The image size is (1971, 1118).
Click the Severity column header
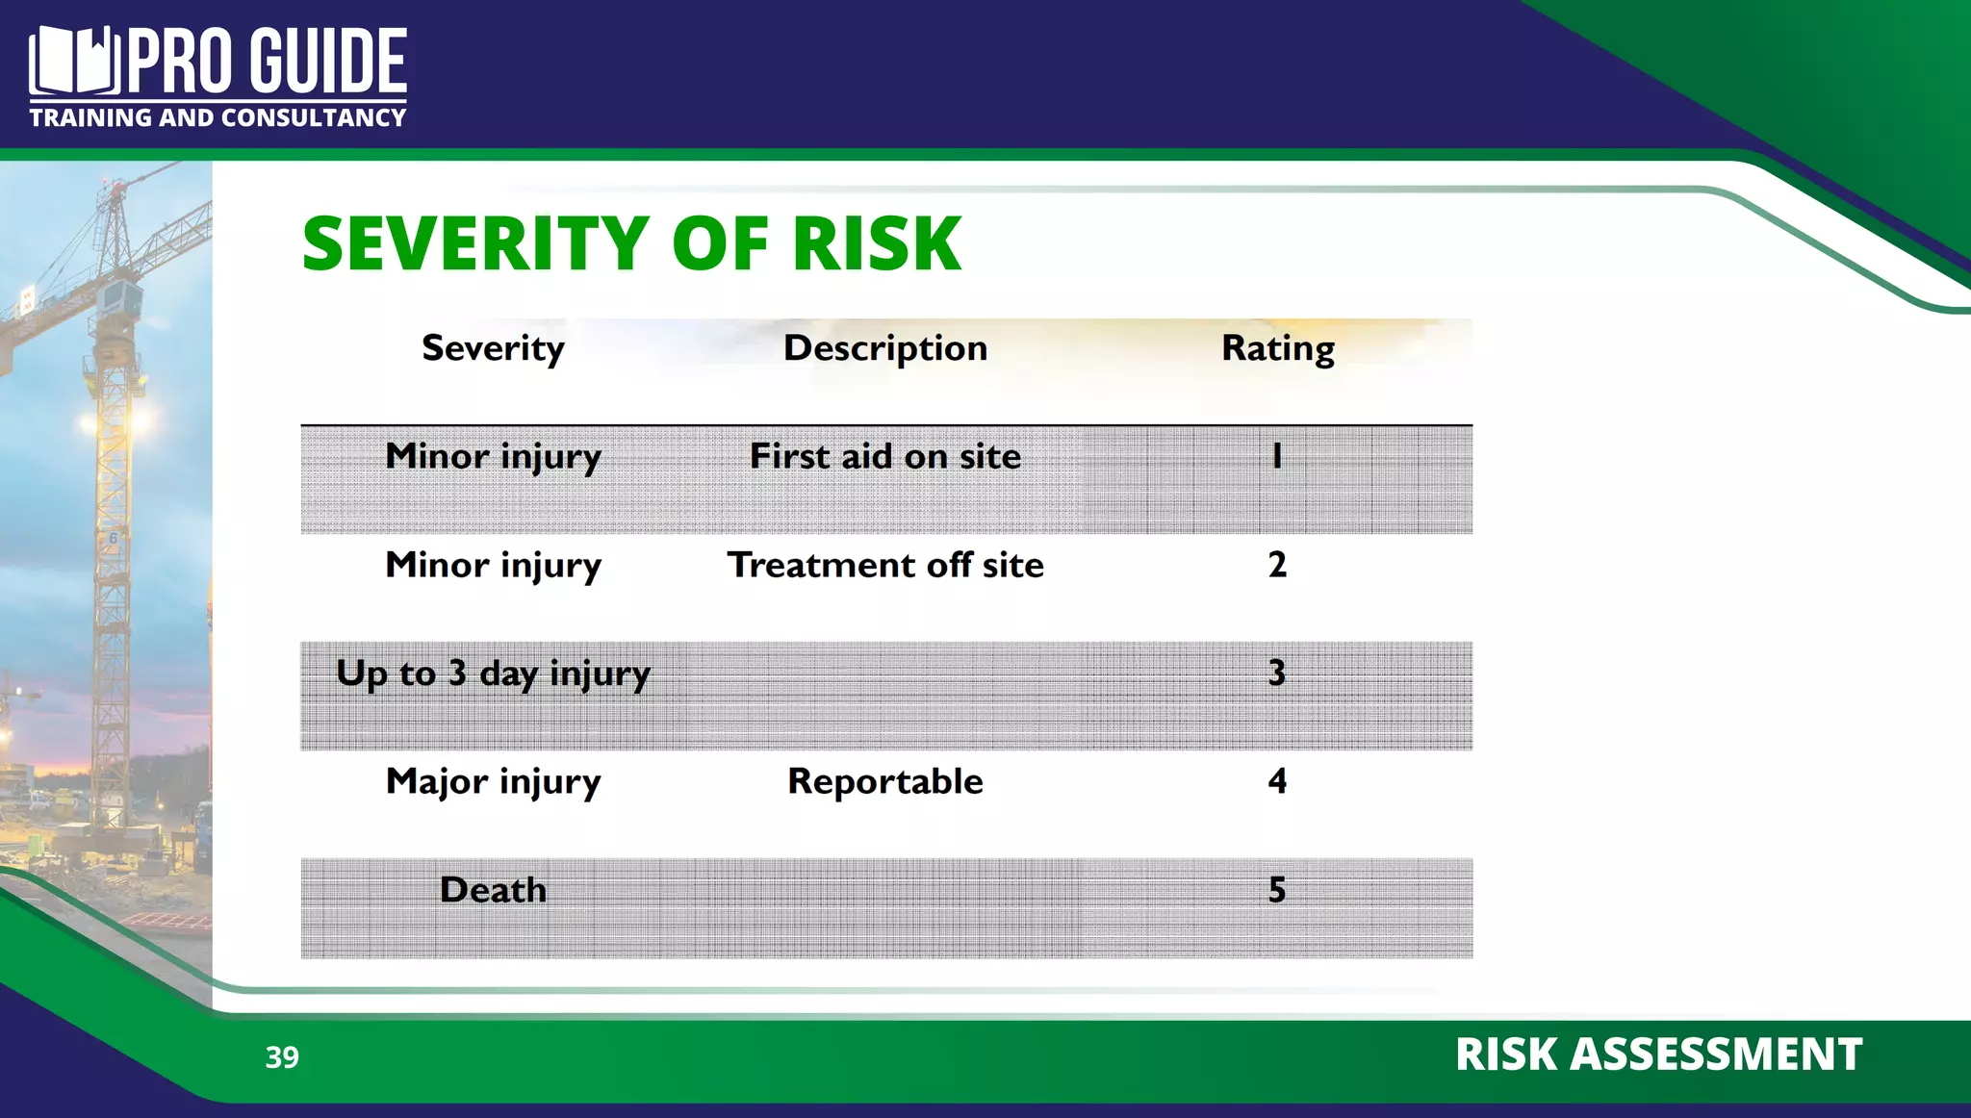pyautogui.click(x=493, y=348)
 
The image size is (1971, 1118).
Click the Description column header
pyautogui.click(x=885, y=348)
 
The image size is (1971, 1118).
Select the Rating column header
pyautogui.click(x=1277, y=348)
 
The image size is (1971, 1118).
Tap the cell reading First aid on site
pyautogui.click(x=885, y=456)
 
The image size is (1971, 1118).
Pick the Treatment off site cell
pyautogui.click(x=885, y=565)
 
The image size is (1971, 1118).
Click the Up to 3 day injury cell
pyautogui.click(x=493, y=673)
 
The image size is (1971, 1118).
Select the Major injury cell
pyautogui.click(x=493, y=781)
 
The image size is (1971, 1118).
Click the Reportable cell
pyautogui.click(x=885, y=781)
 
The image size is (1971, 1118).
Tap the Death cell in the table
pyautogui.click(x=493, y=890)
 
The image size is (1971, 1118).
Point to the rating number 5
pyautogui.click(x=1277, y=890)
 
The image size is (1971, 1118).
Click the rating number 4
pyautogui.click(x=1277, y=781)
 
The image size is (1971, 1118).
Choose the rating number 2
pyautogui.click(x=1277, y=565)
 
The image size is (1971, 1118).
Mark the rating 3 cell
pyautogui.click(x=1277, y=673)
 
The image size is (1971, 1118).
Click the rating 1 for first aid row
pyautogui.click(x=1277, y=456)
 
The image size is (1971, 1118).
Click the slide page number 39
pyautogui.click(x=282, y=1057)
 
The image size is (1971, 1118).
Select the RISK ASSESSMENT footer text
pyautogui.click(x=1658, y=1054)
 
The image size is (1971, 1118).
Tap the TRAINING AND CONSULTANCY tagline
pyautogui.click(x=218, y=118)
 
